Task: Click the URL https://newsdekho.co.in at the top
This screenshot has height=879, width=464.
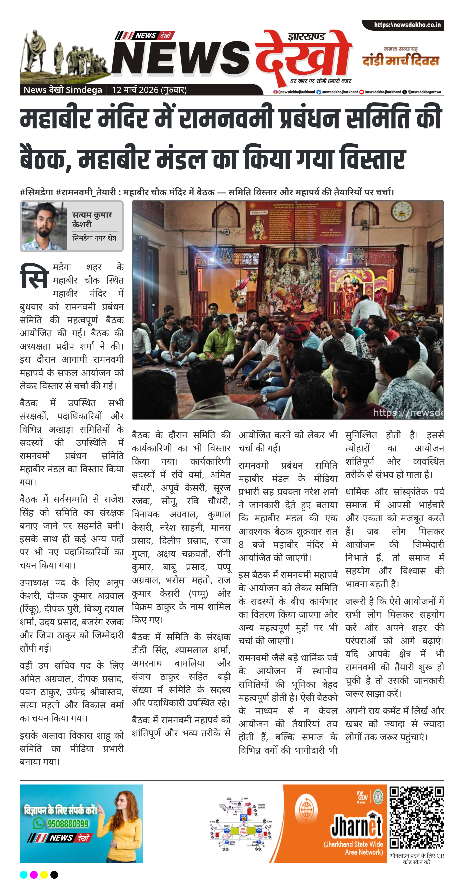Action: pos(407,25)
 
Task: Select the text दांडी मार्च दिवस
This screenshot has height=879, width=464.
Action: pos(400,60)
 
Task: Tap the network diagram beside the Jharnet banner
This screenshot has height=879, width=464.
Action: pos(241,822)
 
